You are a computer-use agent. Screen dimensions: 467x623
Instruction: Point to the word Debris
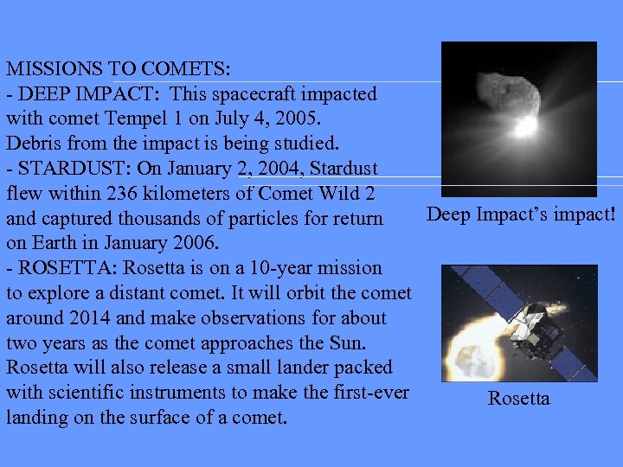32,143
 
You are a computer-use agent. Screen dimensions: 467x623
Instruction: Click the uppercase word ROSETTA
58,268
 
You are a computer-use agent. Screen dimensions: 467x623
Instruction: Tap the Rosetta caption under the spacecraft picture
518,399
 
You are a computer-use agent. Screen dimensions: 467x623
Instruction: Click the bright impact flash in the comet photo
525,127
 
